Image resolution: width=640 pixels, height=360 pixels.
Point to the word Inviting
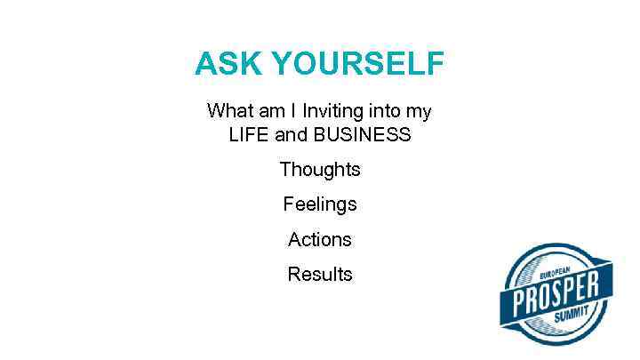(x=333, y=111)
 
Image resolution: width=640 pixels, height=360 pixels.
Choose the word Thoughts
(x=320, y=169)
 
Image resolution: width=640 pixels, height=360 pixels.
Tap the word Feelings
(x=320, y=204)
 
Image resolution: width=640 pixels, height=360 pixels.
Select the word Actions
(x=320, y=239)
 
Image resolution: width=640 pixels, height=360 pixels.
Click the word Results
(x=320, y=275)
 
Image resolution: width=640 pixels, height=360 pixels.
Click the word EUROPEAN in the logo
(x=550, y=270)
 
